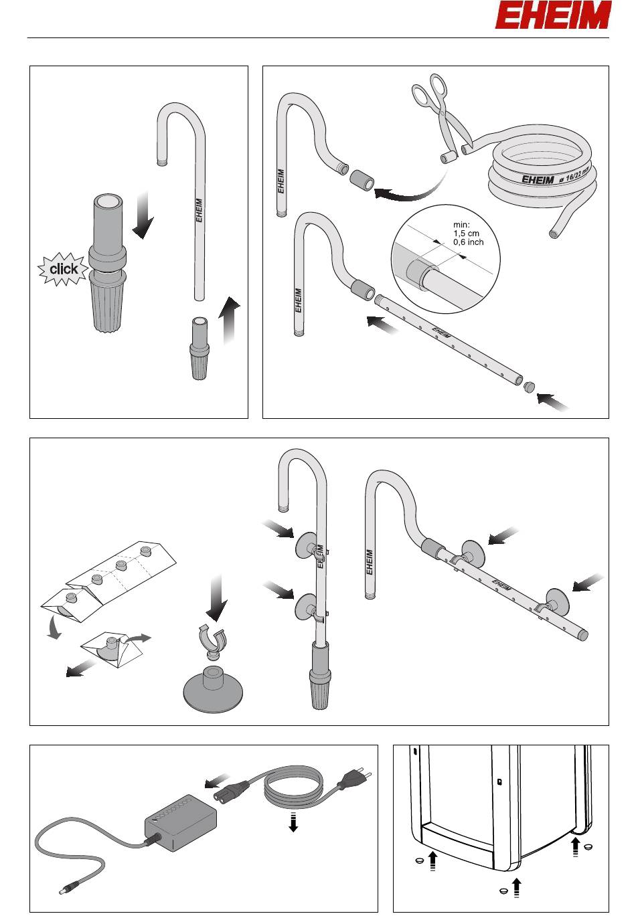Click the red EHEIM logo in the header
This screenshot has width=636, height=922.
(553, 15)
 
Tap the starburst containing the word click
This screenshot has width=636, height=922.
(63, 269)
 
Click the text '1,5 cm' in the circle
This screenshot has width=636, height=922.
(467, 234)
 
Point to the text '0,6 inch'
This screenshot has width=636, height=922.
(469, 242)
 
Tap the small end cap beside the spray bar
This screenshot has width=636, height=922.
(528, 387)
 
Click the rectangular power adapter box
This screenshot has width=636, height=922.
(180, 822)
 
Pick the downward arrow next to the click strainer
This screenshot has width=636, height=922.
(143, 215)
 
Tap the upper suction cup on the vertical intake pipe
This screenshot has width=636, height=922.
(305, 545)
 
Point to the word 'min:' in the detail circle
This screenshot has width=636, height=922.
(461, 225)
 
